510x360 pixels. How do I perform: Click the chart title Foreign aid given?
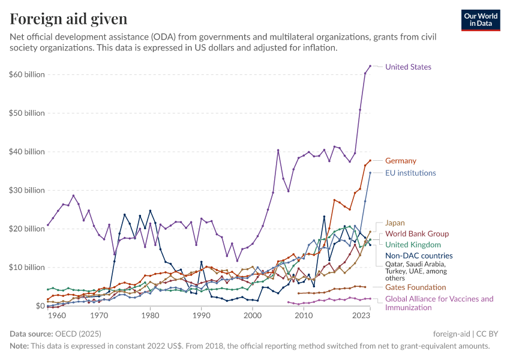click(x=68, y=19)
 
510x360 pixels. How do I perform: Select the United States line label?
click(x=408, y=67)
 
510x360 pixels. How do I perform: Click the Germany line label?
click(x=400, y=161)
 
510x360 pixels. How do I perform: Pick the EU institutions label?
click(x=410, y=173)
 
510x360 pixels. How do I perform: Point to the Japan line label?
click(x=395, y=223)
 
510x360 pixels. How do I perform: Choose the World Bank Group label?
click(x=416, y=233)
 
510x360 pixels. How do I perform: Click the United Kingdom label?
click(x=413, y=244)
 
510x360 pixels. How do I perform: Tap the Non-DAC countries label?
click(x=418, y=256)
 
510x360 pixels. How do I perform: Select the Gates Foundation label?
click(x=415, y=287)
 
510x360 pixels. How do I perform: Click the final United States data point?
click(x=370, y=66)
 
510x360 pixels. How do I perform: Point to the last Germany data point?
click(x=370, y=160)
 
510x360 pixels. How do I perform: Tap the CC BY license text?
click(x=488, y=333)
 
